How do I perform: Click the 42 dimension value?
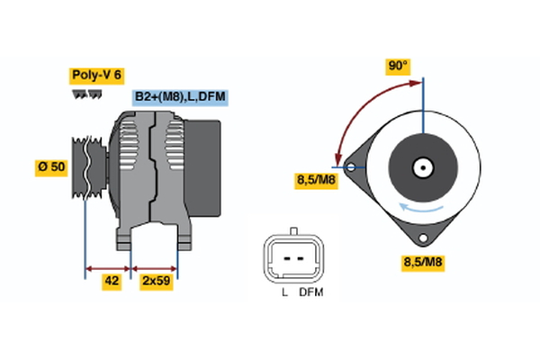[x=112, y=282]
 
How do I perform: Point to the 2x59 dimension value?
[x=156, y=282]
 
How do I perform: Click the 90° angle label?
[x=398, y=67]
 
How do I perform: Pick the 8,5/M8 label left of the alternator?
[x=319, y=181]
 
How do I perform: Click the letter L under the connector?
[x=283, y=293]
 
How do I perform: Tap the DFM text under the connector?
[x=311, y=293]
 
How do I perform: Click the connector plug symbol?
[x=292, y=258]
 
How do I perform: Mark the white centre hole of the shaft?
[x=422, y=167]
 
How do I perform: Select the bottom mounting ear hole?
[x=421, y=238]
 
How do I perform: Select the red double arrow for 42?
[x=108, y=267]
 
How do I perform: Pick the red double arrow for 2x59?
[x=155, y=267]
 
